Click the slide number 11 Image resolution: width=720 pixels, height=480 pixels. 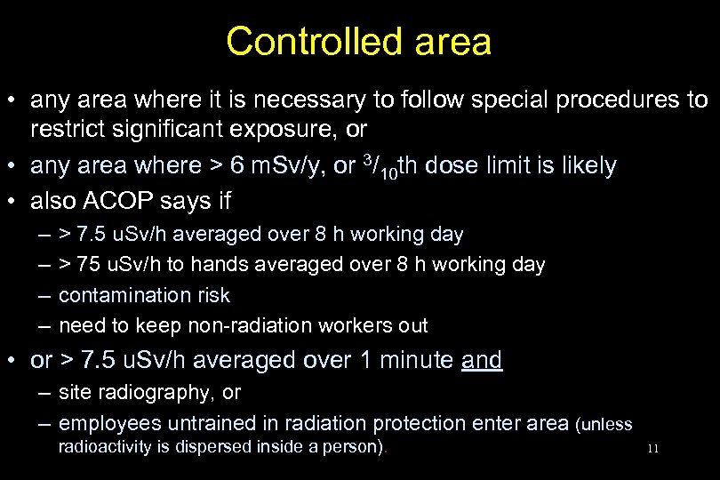click(x=653, y=449)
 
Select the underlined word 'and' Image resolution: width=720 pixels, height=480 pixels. click(x=482, y=360)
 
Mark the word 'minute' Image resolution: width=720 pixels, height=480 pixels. click(x=418, y=360)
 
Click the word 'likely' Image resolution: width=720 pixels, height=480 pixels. click(x=586, y=165)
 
